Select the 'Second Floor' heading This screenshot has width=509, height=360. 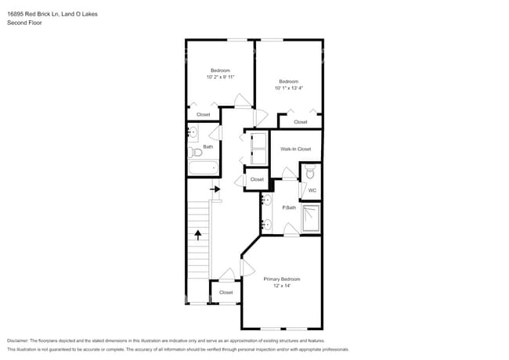coord(23,23)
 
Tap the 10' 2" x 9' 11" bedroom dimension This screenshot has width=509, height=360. coord(221,77)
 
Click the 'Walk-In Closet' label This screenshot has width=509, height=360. coord(295,149)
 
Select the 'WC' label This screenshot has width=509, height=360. coord(311,190)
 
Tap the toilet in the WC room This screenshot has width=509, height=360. coord(310,171)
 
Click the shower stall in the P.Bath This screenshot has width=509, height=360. coord(311,218)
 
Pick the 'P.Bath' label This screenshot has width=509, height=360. coord(289,207)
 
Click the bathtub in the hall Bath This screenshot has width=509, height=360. coord(203,167)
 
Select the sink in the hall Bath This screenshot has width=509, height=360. coord(193,134)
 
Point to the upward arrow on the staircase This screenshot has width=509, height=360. coord(198,233)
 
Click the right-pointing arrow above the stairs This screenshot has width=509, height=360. coord(215,189)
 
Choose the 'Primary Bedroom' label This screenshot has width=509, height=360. coord(281,279)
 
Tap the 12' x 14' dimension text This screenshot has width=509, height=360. coord(281,286)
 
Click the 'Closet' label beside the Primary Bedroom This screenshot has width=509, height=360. coord(226,292)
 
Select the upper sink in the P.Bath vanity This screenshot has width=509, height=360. coord(266,200)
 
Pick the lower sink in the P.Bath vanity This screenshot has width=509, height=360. coord(266,224)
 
